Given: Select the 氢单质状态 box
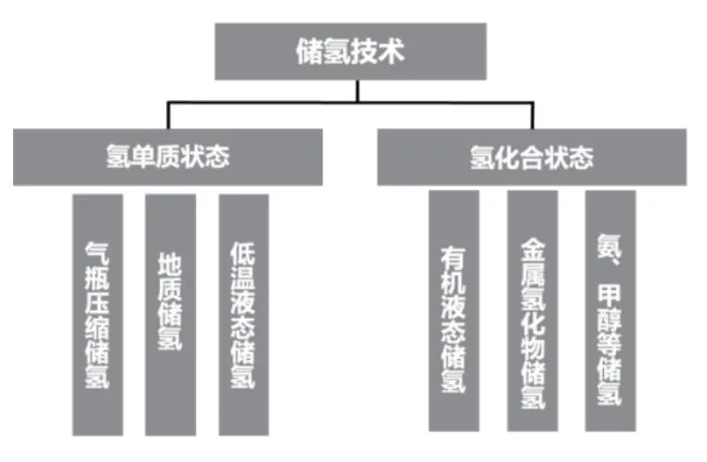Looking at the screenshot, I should tap(168, 157).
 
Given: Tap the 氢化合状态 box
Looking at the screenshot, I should tap(531, 157).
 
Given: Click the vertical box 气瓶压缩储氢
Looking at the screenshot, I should tap(98, 314).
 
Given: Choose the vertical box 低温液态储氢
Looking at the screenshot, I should tap(243, 314).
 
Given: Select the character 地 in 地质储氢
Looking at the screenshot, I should tap(170, 263).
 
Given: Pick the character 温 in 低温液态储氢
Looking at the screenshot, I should tap(243, 278).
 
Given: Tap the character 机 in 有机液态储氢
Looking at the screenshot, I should tap(453, 279).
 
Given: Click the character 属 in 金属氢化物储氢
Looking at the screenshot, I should tap(532, 275).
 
